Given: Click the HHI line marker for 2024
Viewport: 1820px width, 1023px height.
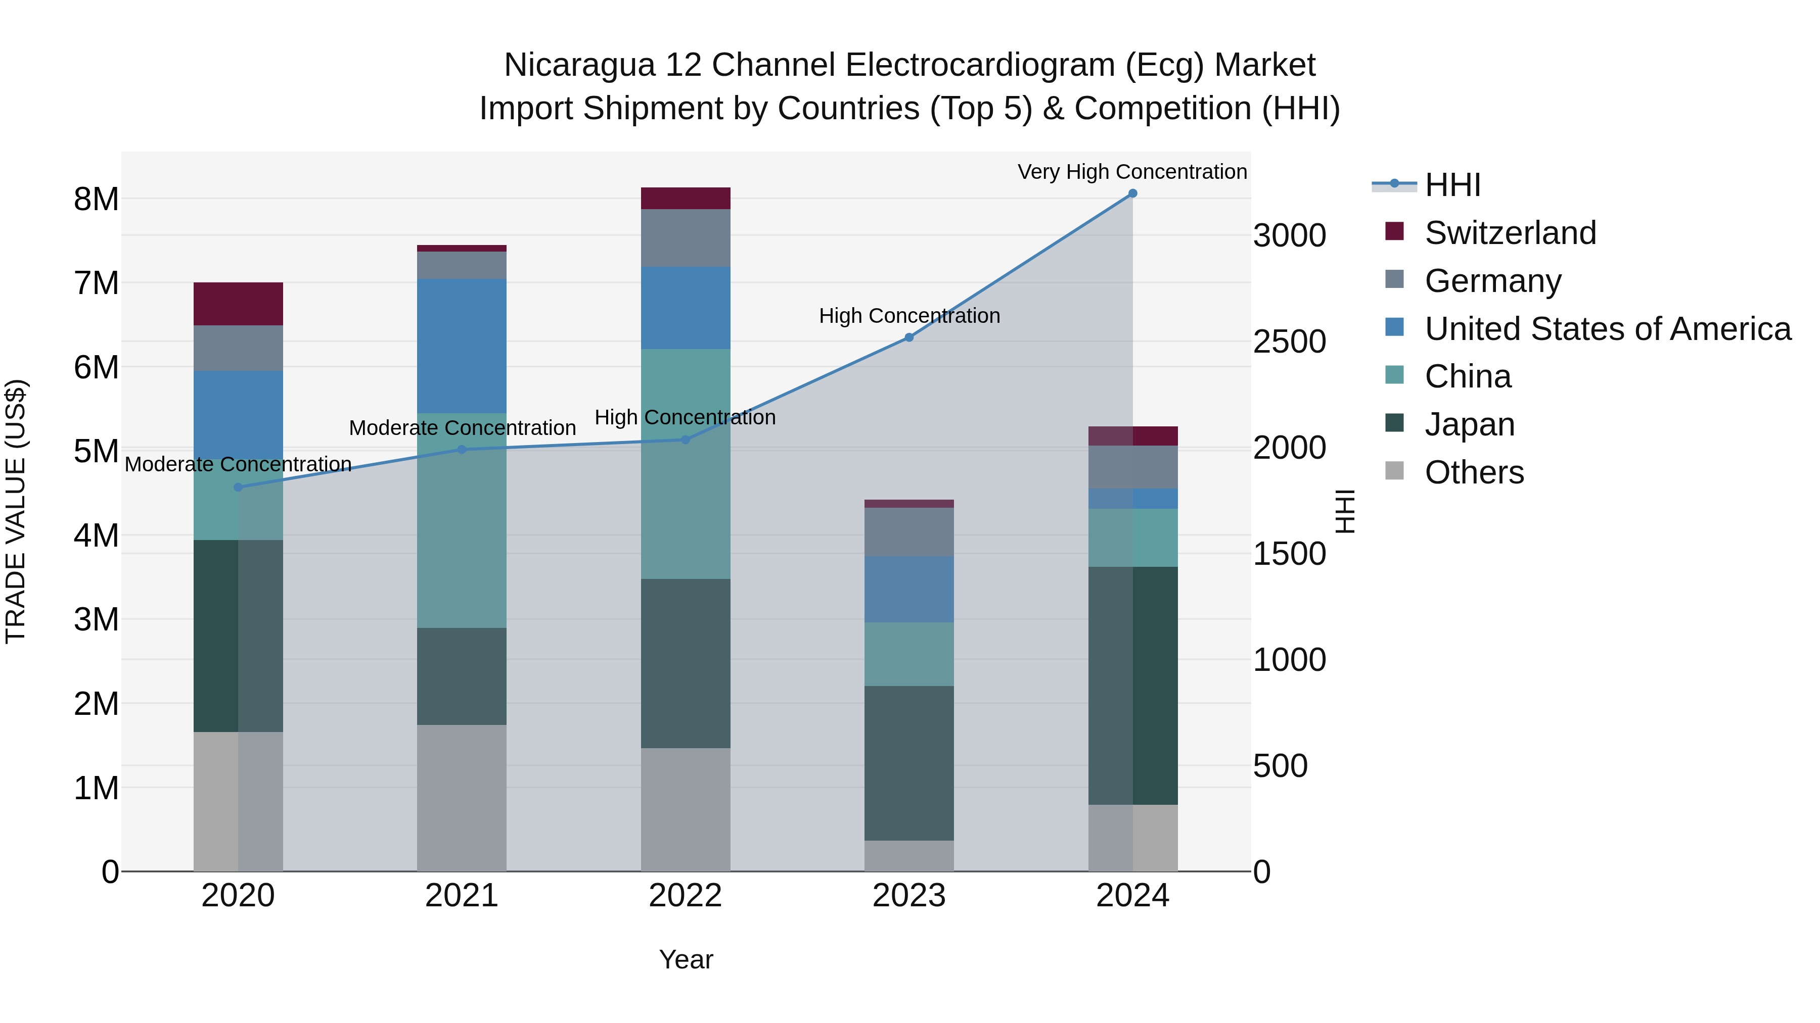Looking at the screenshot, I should (x=1132, y=193).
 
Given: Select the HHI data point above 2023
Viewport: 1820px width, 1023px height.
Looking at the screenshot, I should (x=909, y=337).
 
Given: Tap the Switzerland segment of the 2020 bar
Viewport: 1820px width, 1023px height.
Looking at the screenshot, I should (x=238, y=304).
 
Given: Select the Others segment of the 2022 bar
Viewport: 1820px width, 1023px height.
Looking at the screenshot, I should (x=686, y=809).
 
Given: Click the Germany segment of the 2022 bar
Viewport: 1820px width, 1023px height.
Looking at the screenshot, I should (x=686, y=238).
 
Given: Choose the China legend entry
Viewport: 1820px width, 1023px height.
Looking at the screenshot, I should (x=1468, y=376).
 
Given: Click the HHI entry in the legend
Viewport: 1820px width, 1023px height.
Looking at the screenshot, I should (x=1452, y=185).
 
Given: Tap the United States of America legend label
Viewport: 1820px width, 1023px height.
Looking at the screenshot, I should (x=1607, y=329).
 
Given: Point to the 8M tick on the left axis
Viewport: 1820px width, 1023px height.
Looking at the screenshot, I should (x=96, y=199).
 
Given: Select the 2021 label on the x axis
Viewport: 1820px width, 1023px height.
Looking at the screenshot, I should (x=462, y=896).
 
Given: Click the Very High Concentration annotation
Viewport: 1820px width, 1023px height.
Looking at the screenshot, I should (x=1132, y=172).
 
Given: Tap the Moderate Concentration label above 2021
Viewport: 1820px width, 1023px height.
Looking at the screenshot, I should (x=462, y=428).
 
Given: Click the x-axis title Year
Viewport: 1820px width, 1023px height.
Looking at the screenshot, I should (x=686, y=959).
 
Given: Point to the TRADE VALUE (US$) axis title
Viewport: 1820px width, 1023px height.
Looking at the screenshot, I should (x=16, y=511).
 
